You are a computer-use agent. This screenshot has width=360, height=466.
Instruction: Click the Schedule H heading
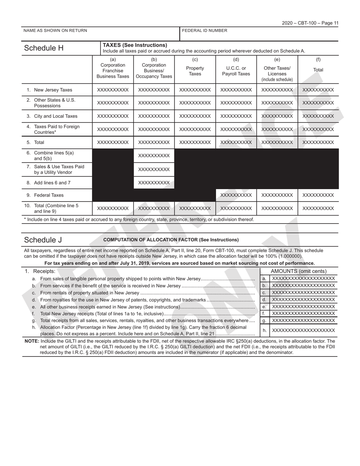coord(44,48)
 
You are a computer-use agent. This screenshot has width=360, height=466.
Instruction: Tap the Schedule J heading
coord(43,240)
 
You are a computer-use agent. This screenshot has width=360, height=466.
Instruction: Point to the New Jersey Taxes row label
coord(53,90)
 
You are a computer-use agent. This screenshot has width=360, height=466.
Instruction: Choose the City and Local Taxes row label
coord(55,116)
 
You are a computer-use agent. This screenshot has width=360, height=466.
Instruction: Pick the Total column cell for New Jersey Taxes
coord(318,90)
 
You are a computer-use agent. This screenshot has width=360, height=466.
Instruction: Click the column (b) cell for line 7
coord(154,169)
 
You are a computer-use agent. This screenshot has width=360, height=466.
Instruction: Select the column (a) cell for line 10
coord(113,208)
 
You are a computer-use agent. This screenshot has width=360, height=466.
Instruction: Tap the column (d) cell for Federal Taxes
coord(236,195)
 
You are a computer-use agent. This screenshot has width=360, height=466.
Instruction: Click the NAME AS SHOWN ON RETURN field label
coord(55,31)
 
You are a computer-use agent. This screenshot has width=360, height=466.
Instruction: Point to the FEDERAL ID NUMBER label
coord(205,31)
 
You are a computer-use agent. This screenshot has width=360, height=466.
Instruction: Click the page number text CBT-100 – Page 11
coord(310,23)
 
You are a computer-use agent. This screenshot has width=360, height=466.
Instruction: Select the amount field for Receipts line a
coord(303,278)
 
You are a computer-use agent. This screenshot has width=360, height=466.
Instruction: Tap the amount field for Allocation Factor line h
coord(303,330)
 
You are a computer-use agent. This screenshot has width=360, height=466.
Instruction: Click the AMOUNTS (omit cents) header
coord(299,271)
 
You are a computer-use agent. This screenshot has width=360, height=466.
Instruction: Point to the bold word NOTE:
coord(32,341)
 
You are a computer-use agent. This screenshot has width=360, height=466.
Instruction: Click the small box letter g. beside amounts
coord(264,321)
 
